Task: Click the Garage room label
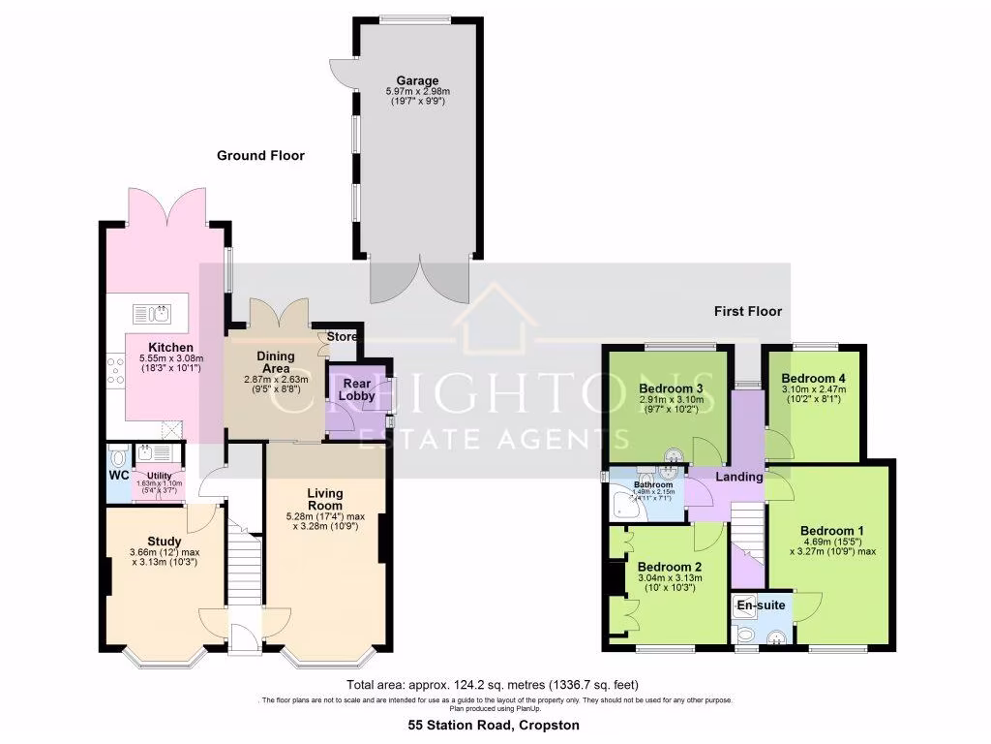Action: pos(417,80)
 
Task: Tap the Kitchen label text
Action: pos(170,347)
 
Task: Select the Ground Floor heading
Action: pos(260,155)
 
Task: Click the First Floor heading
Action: pos(748,311)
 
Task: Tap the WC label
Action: pos(118,476)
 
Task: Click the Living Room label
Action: pos(325,499)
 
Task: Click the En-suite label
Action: pos(761,606)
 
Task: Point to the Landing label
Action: pos(739,477)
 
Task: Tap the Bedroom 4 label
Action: pos(813,378)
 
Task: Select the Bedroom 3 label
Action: pos(671,388)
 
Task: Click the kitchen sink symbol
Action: pos(152,313)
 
